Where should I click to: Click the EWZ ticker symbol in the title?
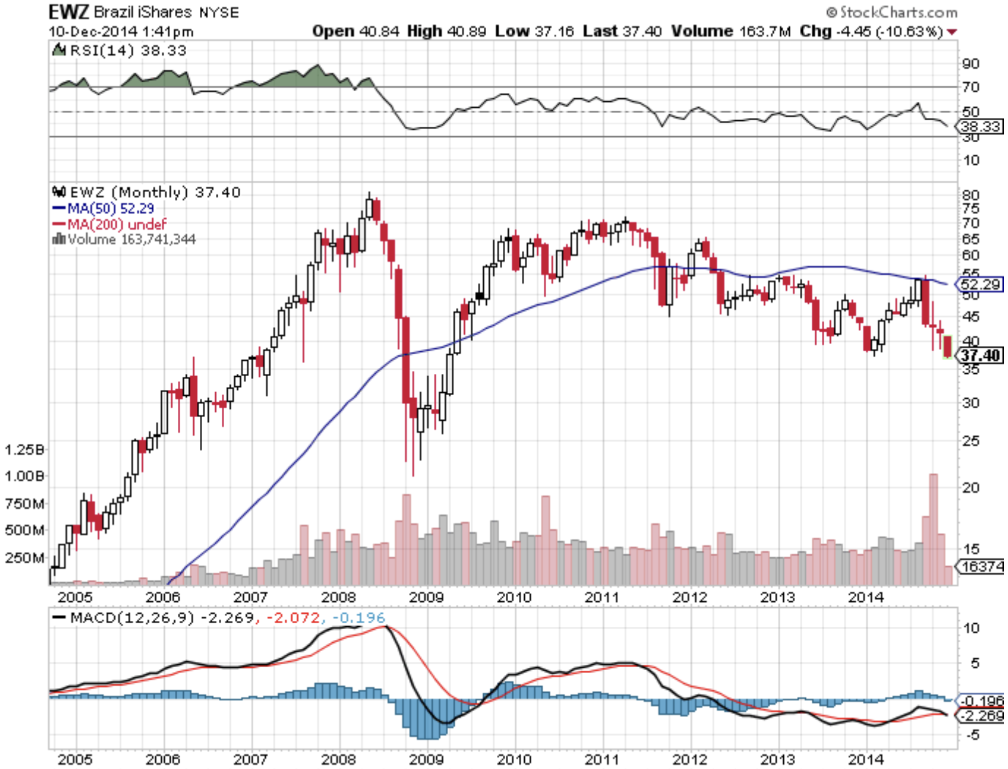(69, 12)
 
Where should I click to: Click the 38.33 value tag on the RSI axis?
(980, 126)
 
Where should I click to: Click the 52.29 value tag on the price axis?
(980, 284)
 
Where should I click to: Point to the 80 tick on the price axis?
(971, 195)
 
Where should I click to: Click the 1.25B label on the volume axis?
(24, 450)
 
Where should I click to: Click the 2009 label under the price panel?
(426, 597)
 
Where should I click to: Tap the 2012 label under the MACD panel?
(690, 760)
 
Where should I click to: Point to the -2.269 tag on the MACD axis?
(982, 716)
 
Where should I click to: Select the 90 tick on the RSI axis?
(971, 63)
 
